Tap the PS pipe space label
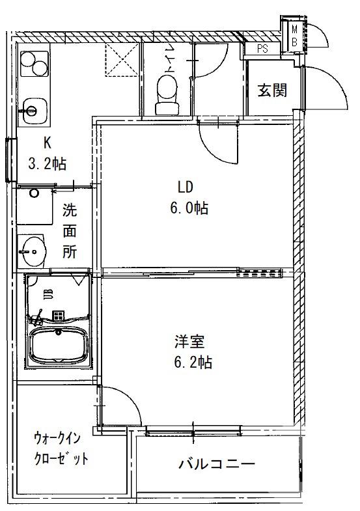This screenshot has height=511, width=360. click(262, 48)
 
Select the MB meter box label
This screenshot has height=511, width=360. click(294, 35)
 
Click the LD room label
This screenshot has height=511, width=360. click(186, 188)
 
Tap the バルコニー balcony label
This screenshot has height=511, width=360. click(216, 464)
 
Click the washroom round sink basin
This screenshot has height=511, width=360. click(31, 248)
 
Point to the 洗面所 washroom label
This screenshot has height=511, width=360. click(69, 231)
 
